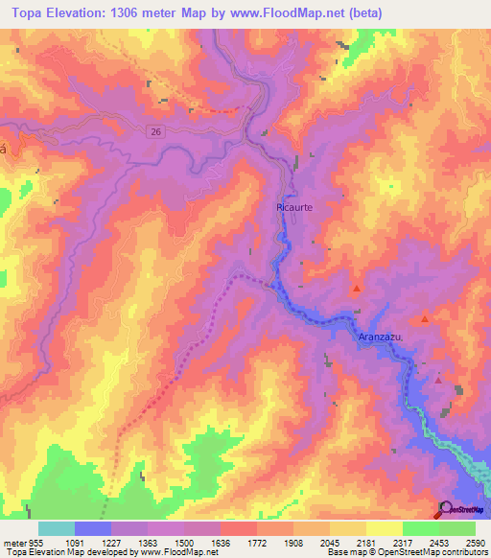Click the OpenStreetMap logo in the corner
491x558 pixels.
(x=461, y=509)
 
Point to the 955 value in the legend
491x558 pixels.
(x=31, y=542)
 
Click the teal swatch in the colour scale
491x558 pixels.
(x=56, y=528)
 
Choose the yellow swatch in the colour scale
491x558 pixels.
(x=384, y=528)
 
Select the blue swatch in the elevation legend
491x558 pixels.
(x=92, y=528)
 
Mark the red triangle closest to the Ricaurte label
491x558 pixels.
(x=357, y=288)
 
